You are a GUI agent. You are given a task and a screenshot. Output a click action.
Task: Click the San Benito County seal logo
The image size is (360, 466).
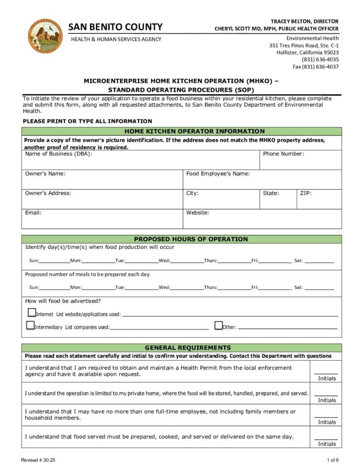point(45,36)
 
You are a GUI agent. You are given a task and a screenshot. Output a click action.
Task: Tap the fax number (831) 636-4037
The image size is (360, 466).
point(315,66)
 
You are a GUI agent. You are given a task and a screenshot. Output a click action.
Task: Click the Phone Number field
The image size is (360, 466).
point(300,160)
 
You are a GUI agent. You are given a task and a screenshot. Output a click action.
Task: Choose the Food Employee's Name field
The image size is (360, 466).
point(262,180)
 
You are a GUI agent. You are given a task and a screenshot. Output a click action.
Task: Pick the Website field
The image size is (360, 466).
point(262,219)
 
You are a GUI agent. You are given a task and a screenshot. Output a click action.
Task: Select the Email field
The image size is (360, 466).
point(102,219)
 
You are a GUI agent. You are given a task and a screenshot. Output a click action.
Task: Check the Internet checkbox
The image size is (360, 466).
point(32,313)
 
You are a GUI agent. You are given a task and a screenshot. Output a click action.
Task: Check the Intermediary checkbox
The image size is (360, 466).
point(30,325)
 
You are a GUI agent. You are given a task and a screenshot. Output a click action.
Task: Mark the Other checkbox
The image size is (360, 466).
point(218,325)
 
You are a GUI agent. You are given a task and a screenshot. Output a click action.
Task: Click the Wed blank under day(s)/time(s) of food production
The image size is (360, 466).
point(187,261)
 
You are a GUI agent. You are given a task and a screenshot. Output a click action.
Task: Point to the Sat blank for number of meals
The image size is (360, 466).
point(319,288)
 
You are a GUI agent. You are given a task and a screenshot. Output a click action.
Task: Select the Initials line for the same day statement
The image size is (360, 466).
point(326,438)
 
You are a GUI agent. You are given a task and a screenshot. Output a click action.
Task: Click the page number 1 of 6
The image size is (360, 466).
point(333,460)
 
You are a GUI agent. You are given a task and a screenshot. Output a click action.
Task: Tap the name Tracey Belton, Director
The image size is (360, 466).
point(304,21)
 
